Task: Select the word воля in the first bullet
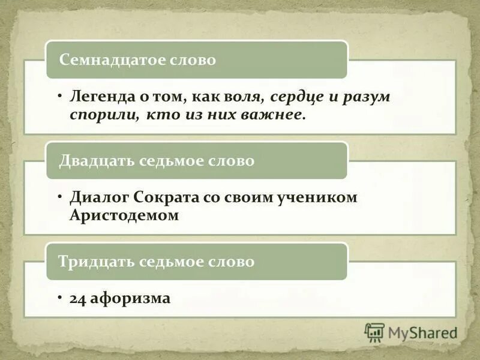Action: [x=245, y=96]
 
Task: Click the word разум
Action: [x=367, y=96]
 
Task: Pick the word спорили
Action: [x=104, y=114]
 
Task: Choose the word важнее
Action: [x=274, y=114]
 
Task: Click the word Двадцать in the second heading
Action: [x=96, y=161]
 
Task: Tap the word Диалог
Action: [x=99, y=197]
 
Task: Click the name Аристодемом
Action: [x=124, y=215]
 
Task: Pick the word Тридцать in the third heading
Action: [x=96, y=262]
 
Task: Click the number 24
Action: [x=78, y=298]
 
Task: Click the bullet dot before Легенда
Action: [x=61, y=96]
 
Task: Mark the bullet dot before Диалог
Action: [x=61, y=197]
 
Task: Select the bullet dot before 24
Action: [x=61, y=298]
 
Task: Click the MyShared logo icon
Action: [x=374, y=332]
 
